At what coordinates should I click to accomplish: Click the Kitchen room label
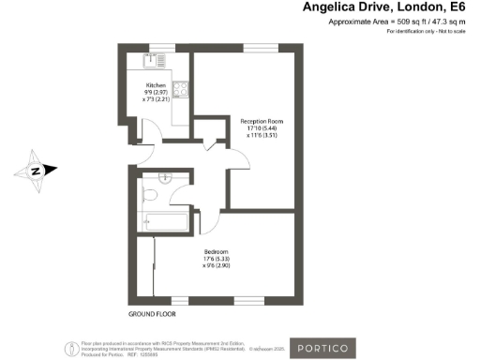[156, 85]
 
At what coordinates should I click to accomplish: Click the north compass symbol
[36, 171]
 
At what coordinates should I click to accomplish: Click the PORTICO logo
[322, 348]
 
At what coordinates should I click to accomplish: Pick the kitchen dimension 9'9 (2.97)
[156, 92]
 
